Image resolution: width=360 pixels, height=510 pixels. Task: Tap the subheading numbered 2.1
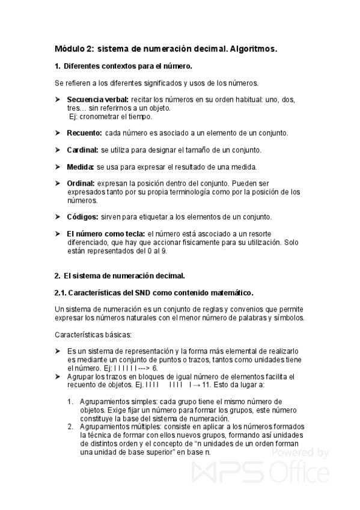pyautogui.click(x=154, y=293)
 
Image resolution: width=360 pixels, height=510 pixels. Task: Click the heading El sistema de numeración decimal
pyautogui.click(x=123, y=276)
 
